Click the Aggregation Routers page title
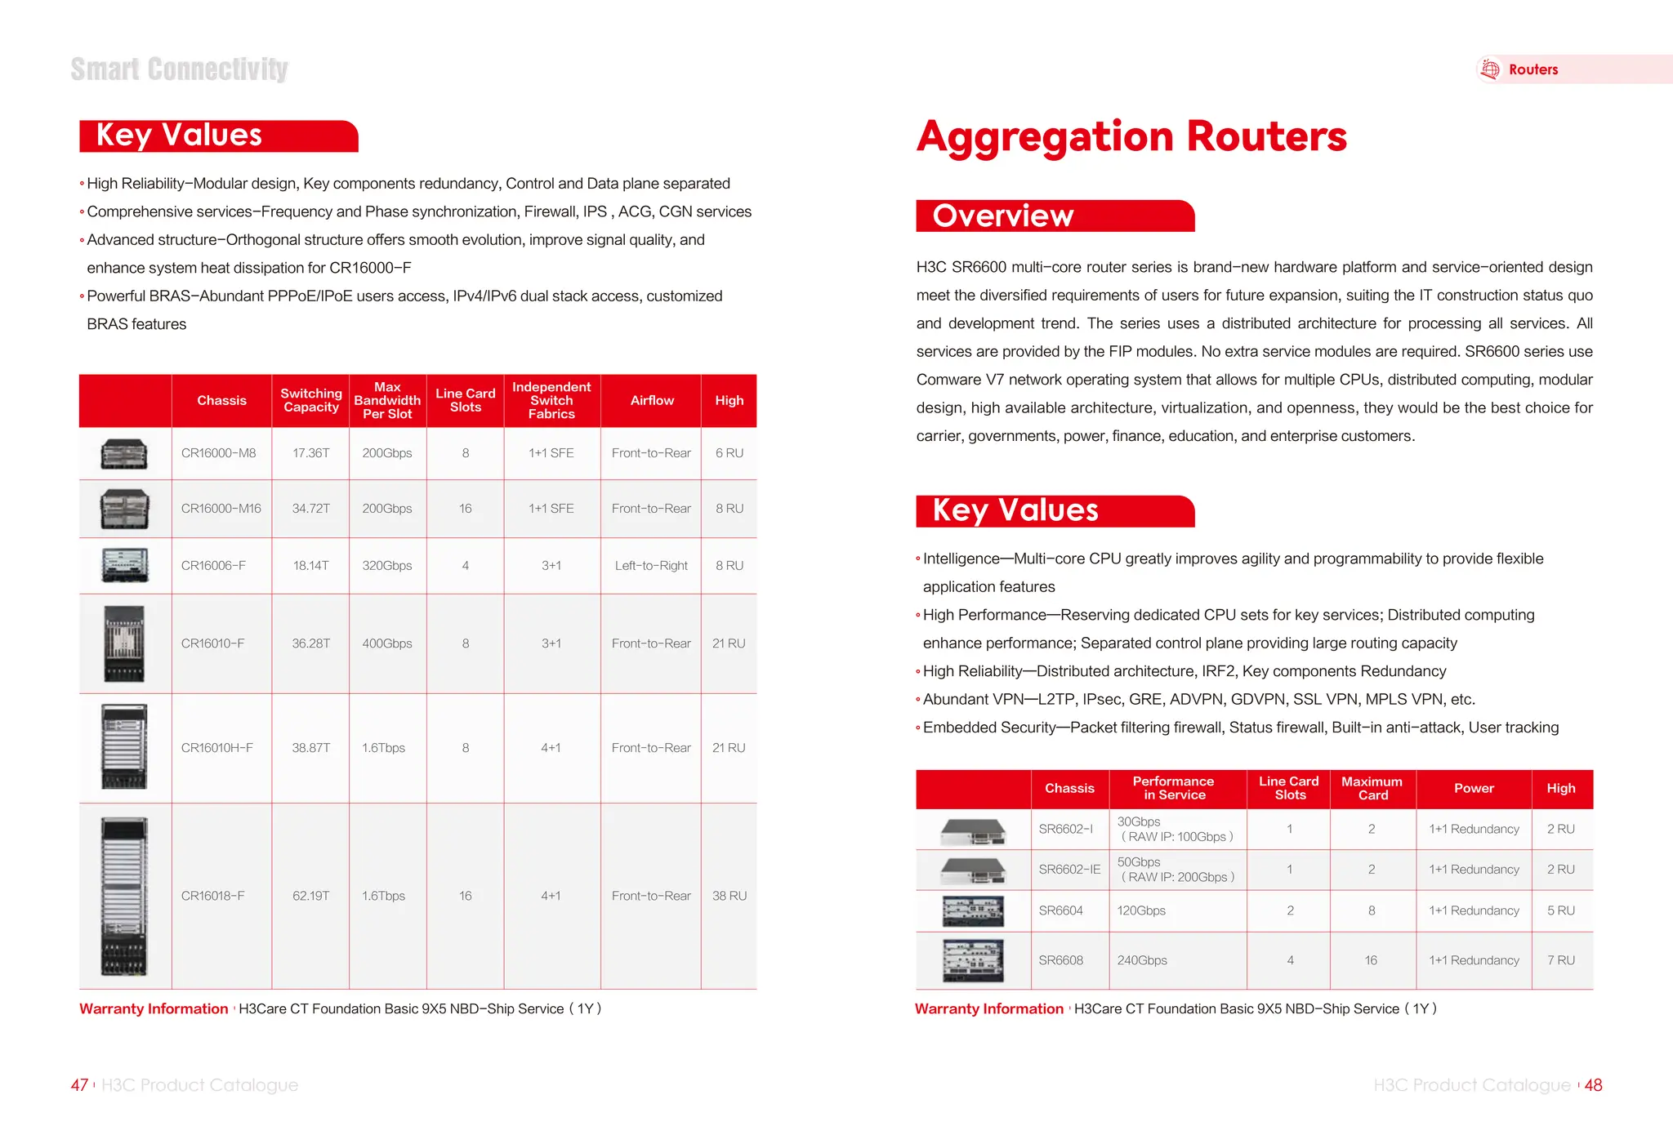coord(1131,136)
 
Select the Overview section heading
coord(1003,216)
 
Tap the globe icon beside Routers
coord(1490,69)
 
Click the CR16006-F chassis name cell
coord(213,565)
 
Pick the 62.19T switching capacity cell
coord(310,896)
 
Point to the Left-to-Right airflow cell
coord(651,565)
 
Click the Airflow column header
coord(652,400)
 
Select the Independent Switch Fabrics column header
coord(551,400)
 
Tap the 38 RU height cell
coord(729,896)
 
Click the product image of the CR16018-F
coord(124,896)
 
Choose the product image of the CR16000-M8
coord(124,453)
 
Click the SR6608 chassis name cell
coord(1060,960)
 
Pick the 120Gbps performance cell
coord(1141,910)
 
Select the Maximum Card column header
coord(1372,788)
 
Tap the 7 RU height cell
coord(1560,960)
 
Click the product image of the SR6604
coord(973,910)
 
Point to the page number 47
coord(79,1085)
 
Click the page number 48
coord(1593,1085)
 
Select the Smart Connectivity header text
coord(179,69)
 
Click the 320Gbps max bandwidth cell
coord(386,565)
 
